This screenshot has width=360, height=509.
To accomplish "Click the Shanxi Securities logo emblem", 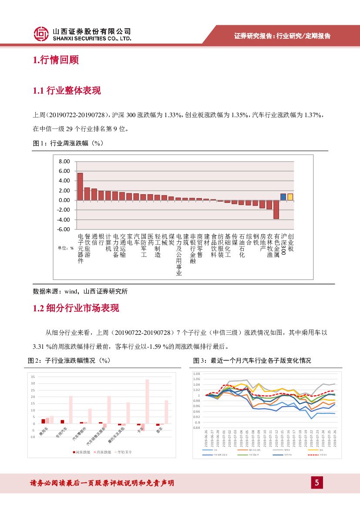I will [x=41, y=34].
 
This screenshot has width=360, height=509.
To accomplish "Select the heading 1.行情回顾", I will [x=56, y=60].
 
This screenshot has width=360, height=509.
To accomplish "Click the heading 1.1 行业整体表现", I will [x=67, y=91].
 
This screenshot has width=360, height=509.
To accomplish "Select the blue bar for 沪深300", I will [x=283, y=197].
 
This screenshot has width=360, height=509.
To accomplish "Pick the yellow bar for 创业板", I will [x=290, y=197].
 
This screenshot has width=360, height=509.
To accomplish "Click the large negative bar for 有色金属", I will [x=276, y=209].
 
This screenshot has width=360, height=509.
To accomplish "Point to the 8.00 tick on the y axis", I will [x=64, y=162].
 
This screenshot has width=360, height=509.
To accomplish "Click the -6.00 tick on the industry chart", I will [x=64, y=229].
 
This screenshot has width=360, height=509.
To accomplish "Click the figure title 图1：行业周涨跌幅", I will [x=68, y=143].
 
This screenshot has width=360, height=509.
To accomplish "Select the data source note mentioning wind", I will [x=80, y=291].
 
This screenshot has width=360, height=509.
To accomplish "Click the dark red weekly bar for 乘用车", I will [x=43, y=421].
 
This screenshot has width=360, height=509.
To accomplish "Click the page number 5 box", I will [x=317, y=482].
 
